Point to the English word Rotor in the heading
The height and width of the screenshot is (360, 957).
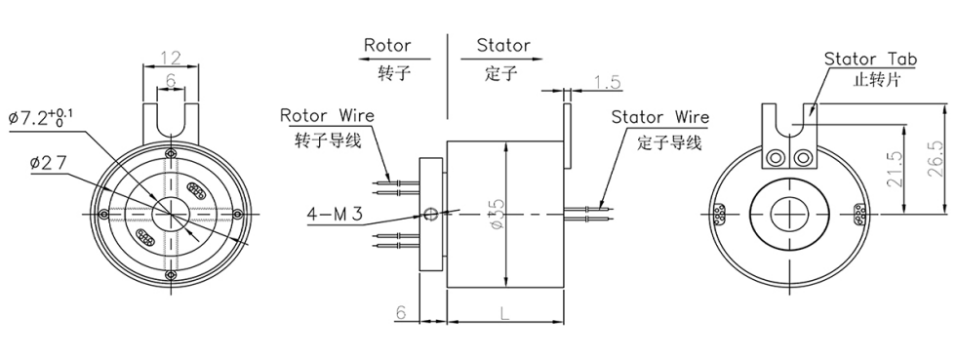(x=387, y=46)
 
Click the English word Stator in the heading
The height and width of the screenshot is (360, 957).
(x=503, y=46)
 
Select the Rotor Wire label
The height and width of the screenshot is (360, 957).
(x=327, y=116)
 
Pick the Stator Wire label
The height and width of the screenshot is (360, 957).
(x=660, y=118)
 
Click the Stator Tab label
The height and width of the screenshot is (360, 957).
(x=870, y=59)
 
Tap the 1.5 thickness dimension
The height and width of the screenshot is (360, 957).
(x=607, y=83)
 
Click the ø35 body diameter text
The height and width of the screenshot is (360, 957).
(x=497, y=214)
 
